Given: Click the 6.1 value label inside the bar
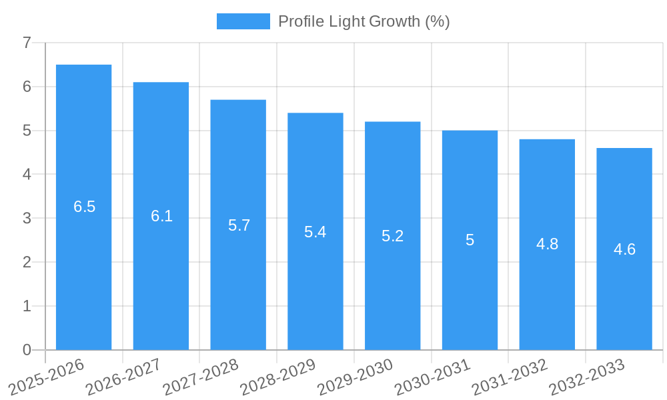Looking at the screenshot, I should point(161,216).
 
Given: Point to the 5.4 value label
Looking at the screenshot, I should point(315,232).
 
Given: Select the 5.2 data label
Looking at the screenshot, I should point(393,236).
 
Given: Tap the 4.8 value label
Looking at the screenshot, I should point(547,244).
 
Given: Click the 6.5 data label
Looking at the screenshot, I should point(85,207).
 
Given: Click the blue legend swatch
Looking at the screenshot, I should point(243,21).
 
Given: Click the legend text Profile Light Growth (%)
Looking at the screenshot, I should point(364,21).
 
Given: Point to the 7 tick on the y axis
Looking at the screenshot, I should point(27,43).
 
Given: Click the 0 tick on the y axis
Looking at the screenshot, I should point(27,350).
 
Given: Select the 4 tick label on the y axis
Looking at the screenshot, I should point(27,175).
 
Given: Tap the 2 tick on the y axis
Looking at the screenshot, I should point(27,262).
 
